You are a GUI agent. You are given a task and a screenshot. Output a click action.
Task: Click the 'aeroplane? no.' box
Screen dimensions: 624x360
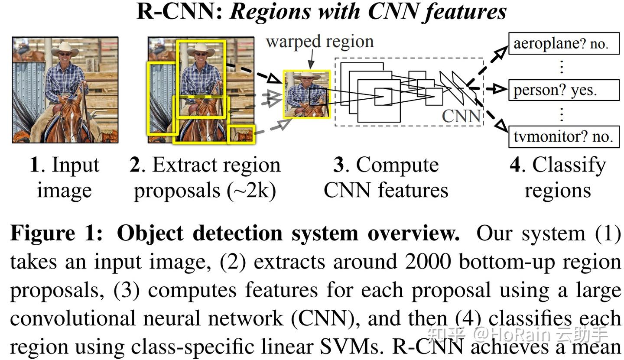564,43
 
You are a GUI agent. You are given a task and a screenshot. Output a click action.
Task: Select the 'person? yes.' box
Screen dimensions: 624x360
564,90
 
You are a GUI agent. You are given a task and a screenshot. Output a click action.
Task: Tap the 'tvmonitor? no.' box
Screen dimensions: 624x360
564,136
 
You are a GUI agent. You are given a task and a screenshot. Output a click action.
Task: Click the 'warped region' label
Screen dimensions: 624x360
320,42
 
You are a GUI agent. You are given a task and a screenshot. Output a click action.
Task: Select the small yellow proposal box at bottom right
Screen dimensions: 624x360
241,134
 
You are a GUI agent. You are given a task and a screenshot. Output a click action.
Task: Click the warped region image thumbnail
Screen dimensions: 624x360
307,94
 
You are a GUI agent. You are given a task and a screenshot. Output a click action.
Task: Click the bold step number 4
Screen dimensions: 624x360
516,165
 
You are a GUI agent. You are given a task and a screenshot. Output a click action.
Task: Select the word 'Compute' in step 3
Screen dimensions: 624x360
397,165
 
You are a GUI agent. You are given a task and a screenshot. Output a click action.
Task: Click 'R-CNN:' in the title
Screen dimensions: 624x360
180,12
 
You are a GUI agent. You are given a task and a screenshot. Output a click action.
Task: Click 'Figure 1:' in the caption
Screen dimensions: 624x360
56,234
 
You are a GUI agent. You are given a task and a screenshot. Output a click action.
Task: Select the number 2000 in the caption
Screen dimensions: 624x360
428,261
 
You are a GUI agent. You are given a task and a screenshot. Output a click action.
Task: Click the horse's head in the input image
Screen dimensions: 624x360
71,117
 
